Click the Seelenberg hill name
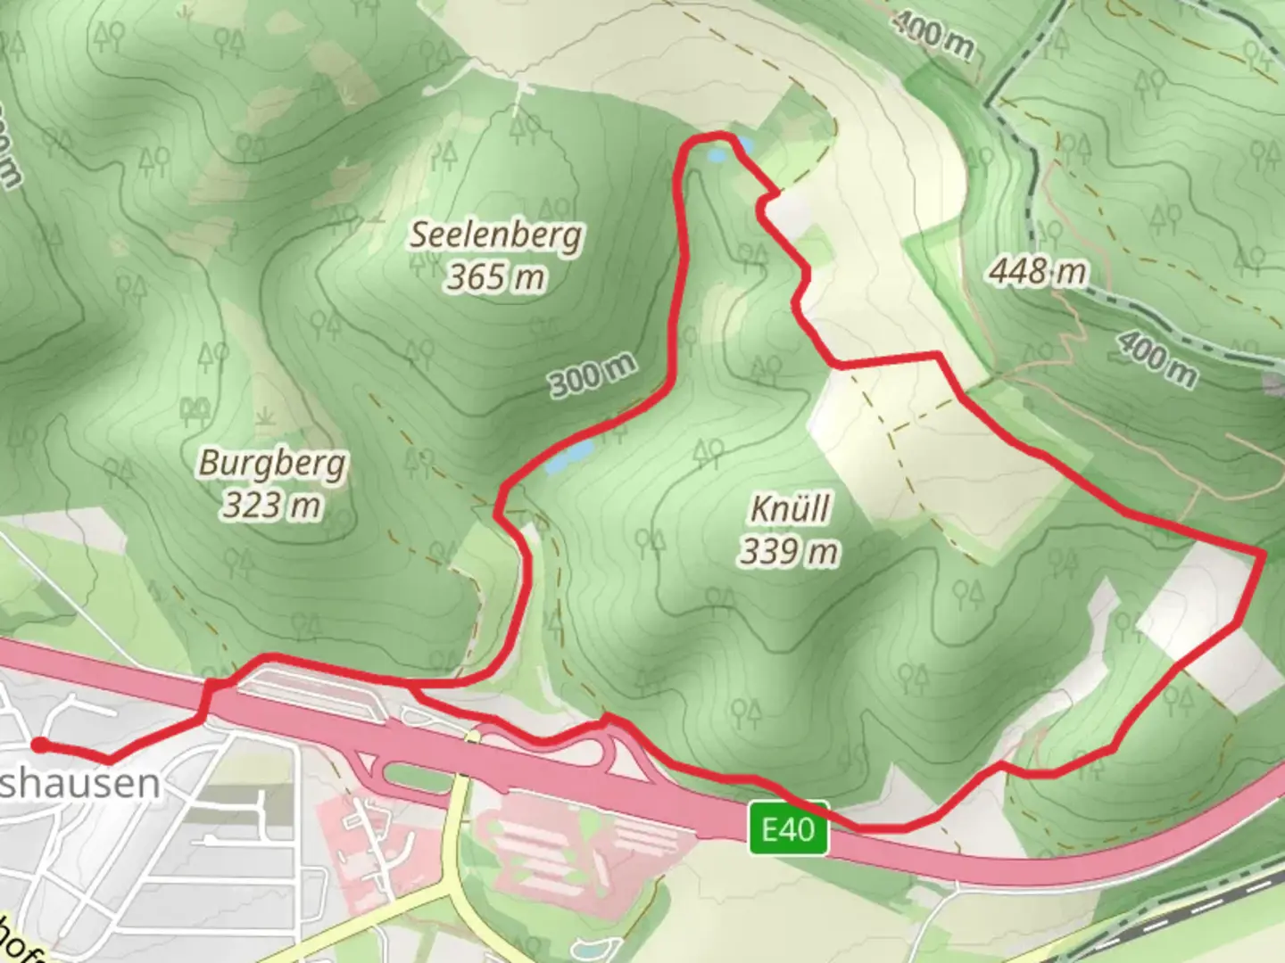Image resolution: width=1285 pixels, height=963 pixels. coord(496,235)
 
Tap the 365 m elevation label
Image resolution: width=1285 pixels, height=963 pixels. coord(496,277)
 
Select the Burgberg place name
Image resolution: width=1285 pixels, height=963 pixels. coord(272,463)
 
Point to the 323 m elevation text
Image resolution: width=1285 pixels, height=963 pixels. coord(271,506)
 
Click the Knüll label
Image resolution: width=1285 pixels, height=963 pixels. coord(790,509)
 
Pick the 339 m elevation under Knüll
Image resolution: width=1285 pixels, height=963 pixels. coord(789,552)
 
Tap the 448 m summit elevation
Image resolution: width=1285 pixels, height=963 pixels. coord(1038,270)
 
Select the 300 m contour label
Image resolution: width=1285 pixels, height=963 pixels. coord(593,375)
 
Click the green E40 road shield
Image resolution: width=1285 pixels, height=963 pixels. coord(789,829)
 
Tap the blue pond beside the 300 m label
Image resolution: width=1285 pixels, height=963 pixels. coord(569,456)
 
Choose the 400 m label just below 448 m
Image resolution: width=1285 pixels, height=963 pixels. coord(1157,358)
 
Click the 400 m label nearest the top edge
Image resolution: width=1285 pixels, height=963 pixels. coord(933,36)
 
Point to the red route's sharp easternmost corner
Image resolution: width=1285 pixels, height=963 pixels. coord(1264,555)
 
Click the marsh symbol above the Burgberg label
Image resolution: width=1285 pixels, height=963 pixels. coord(264,416)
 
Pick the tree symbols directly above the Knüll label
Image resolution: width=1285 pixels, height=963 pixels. coord(709,453)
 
